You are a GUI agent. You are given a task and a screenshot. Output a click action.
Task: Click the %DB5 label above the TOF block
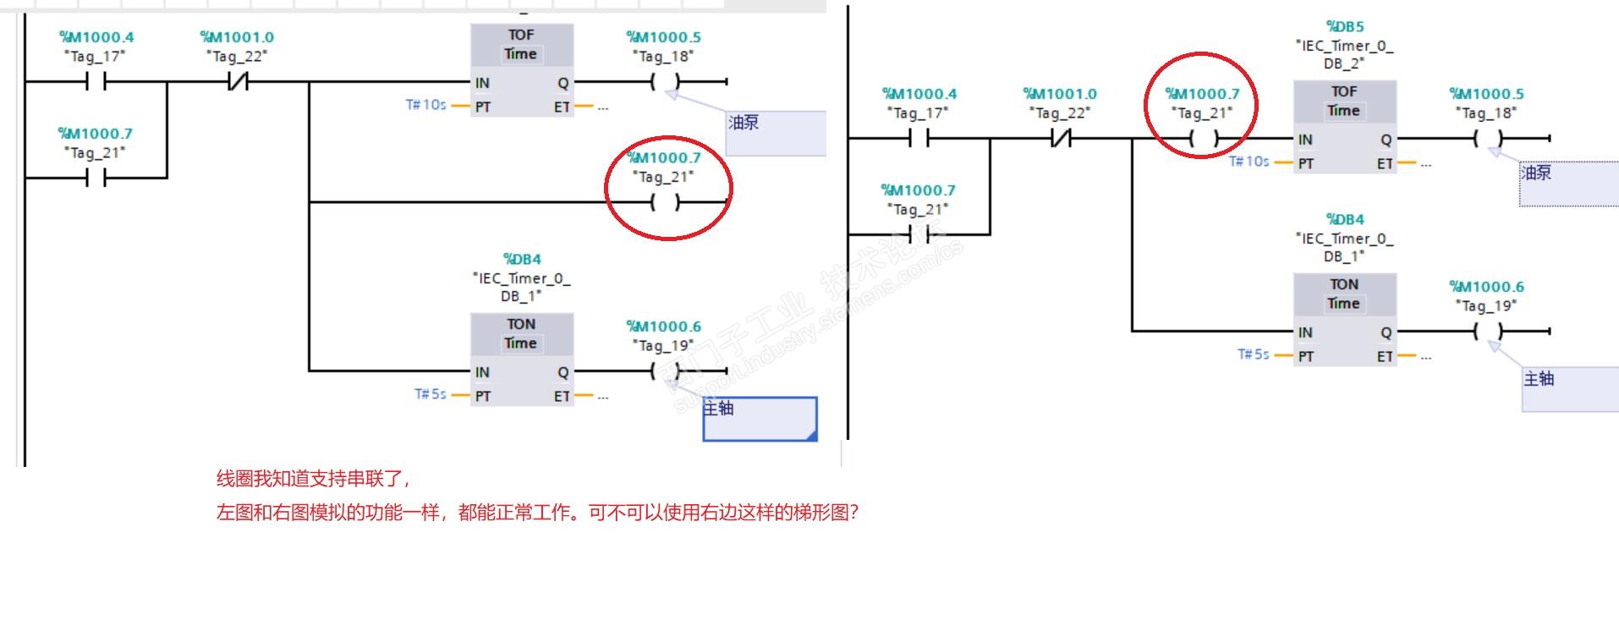click(1344, 27)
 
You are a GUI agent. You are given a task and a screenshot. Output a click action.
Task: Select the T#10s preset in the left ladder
click(425, 105)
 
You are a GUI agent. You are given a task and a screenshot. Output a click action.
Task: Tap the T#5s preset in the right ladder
click(1253, 354)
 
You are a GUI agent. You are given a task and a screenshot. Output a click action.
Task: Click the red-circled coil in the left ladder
click(665, 202)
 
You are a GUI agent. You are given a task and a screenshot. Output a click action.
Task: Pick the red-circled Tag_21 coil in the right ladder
click(1203, 139)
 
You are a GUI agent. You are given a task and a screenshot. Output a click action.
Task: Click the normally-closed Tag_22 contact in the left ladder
click(237, 82)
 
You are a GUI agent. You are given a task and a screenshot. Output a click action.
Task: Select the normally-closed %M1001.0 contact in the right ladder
click(1060, 139)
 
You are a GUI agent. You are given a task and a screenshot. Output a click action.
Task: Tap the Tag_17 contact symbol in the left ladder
click(96, 82)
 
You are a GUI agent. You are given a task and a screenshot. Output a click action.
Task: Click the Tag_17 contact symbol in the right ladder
click(919, 139)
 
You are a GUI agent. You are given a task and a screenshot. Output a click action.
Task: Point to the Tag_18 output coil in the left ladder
click(665, 82)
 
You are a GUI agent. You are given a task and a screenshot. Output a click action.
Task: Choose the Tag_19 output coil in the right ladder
click(1488, 331)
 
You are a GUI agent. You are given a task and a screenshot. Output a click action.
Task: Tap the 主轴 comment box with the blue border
click(760, 419)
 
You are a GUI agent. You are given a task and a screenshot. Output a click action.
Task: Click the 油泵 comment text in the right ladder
click(1536, 173)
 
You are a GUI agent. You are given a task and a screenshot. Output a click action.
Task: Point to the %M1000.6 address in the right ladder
click(1486, 287)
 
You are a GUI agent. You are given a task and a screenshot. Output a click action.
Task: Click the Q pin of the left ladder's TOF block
click(563, 83)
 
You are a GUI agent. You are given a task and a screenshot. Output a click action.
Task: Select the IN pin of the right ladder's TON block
click(1305, 332)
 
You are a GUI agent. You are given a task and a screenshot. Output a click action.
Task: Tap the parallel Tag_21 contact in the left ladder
click(96, 178)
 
